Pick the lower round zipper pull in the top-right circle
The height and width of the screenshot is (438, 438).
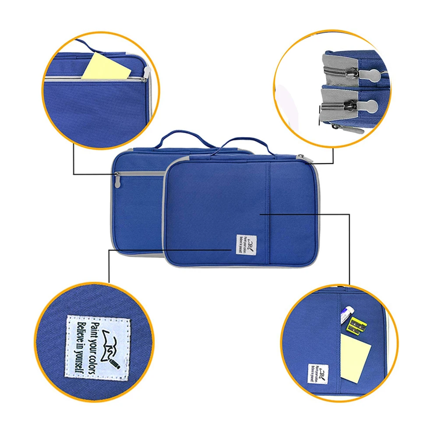[370, 105]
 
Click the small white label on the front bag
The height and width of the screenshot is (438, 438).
[245, 244]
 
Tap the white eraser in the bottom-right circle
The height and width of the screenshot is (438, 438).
[347, 313]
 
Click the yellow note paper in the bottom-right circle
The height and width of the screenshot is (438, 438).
[355, 357]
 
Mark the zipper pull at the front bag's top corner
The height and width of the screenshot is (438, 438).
[301, 157]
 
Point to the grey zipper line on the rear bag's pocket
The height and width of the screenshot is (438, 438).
[140, 173]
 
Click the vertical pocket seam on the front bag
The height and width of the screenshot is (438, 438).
[268, 210]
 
